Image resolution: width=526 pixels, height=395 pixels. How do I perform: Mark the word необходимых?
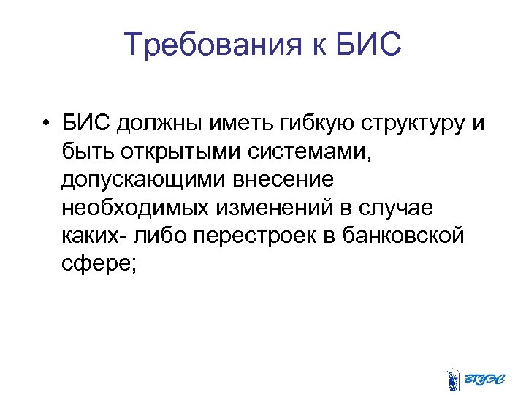[x=135, y=208]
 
